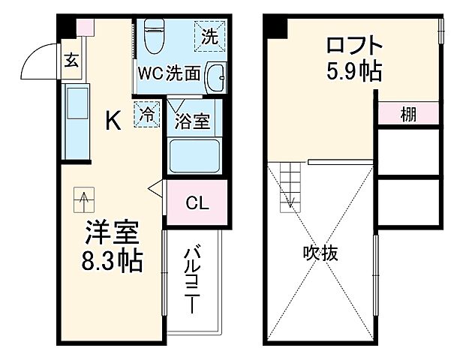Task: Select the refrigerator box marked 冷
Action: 148,115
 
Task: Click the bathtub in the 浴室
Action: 194,155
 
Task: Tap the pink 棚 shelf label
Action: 407,115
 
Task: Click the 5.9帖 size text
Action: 353,73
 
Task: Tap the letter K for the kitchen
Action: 112,120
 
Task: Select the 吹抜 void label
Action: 321,253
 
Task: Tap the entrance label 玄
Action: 71,61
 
